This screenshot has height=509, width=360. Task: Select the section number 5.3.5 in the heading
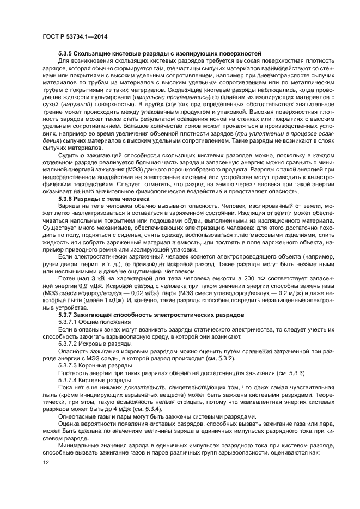tap(66, 53)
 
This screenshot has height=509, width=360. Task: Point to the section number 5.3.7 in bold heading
tap(66, 315)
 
